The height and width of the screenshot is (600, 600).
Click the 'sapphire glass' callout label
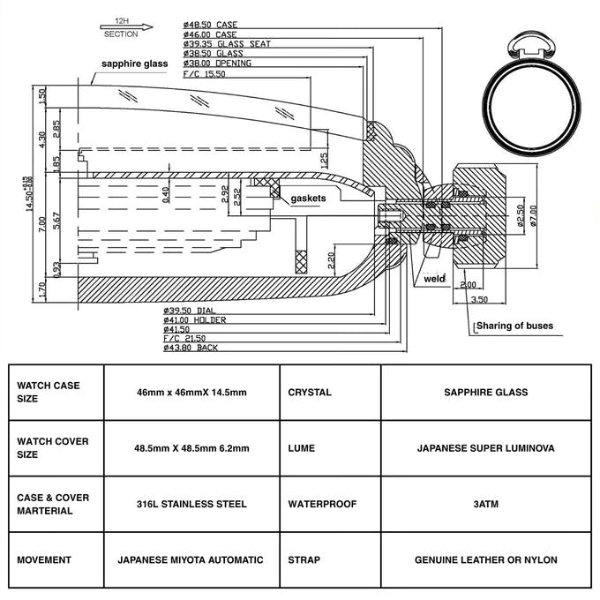point(133,64)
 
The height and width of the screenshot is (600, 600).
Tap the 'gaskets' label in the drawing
point(309,199)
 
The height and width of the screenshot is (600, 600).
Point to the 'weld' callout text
point(434,279)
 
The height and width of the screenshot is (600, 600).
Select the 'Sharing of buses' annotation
point(515,326)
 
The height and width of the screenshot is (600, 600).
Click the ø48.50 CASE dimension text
point(209,25)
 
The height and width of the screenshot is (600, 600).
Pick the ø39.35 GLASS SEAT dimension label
point(227,44)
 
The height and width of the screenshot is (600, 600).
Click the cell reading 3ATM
point(486,504)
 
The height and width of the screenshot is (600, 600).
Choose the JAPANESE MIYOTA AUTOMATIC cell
point(191,559)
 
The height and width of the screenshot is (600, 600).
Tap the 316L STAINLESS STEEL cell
point(191,504)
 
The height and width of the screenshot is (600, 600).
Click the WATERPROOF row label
point(322,504)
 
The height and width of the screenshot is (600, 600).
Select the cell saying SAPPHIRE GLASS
point(486,393)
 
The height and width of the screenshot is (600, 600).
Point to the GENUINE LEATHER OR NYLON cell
point(486,559)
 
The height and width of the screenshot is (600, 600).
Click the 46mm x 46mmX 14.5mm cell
point(191,393)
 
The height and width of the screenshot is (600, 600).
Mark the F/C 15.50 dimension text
point(205,74)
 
